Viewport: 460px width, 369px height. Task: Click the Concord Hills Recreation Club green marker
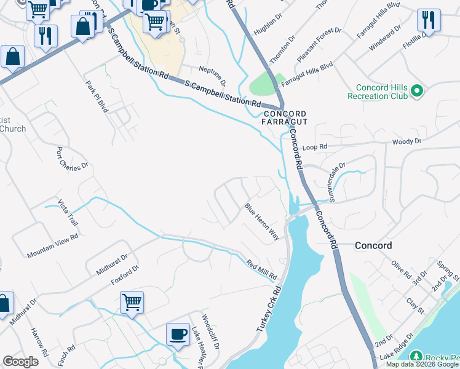point(416,91)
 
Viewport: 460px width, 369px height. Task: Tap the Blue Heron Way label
point(263,221)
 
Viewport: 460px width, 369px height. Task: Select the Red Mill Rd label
point(262,269)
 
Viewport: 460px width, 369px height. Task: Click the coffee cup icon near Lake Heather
point(178,334)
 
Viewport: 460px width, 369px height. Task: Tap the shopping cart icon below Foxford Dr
point(132,303)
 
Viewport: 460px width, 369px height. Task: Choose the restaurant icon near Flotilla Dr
point(429,20)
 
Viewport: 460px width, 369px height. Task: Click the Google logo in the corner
point(20,362)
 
